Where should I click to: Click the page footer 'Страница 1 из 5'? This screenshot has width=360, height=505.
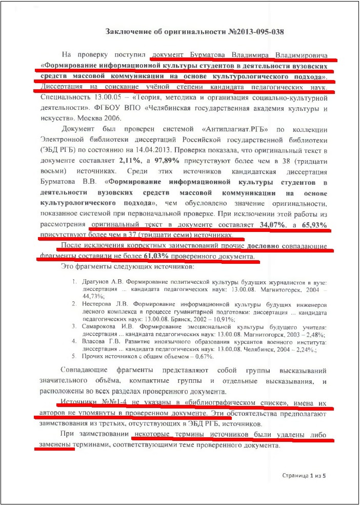click(304, 476)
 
